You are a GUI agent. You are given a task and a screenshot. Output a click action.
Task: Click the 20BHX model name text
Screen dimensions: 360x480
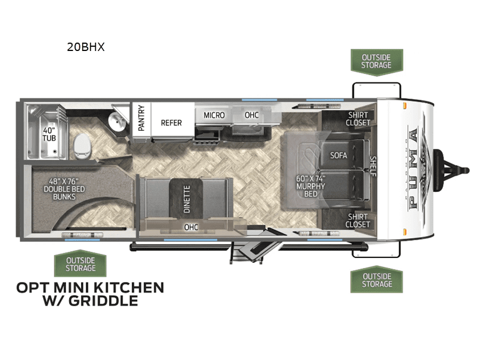pos(86,47)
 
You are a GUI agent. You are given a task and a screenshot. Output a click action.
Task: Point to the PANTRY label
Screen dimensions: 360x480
pos(141,118)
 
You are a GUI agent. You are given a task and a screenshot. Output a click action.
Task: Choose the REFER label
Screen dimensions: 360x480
pos(171,122)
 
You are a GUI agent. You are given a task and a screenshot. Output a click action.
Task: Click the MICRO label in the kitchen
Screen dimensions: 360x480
pos(214,115)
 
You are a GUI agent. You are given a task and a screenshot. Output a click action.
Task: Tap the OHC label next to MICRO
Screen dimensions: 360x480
pos(251,115)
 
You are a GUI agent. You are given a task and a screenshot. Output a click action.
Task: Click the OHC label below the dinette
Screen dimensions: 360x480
pos(191,227)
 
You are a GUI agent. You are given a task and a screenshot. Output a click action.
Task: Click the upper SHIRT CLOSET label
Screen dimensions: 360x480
pos(358,119)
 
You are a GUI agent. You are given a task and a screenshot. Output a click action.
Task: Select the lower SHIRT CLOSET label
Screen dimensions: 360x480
pos(358,220)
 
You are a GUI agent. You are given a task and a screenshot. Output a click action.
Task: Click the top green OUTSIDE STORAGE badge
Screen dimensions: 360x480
pos(376,61)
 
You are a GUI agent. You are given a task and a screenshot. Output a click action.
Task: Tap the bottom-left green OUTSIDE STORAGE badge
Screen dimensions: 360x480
pos(80,264)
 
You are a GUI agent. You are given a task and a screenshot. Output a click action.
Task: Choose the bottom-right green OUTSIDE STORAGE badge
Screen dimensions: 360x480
pos(376,280)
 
